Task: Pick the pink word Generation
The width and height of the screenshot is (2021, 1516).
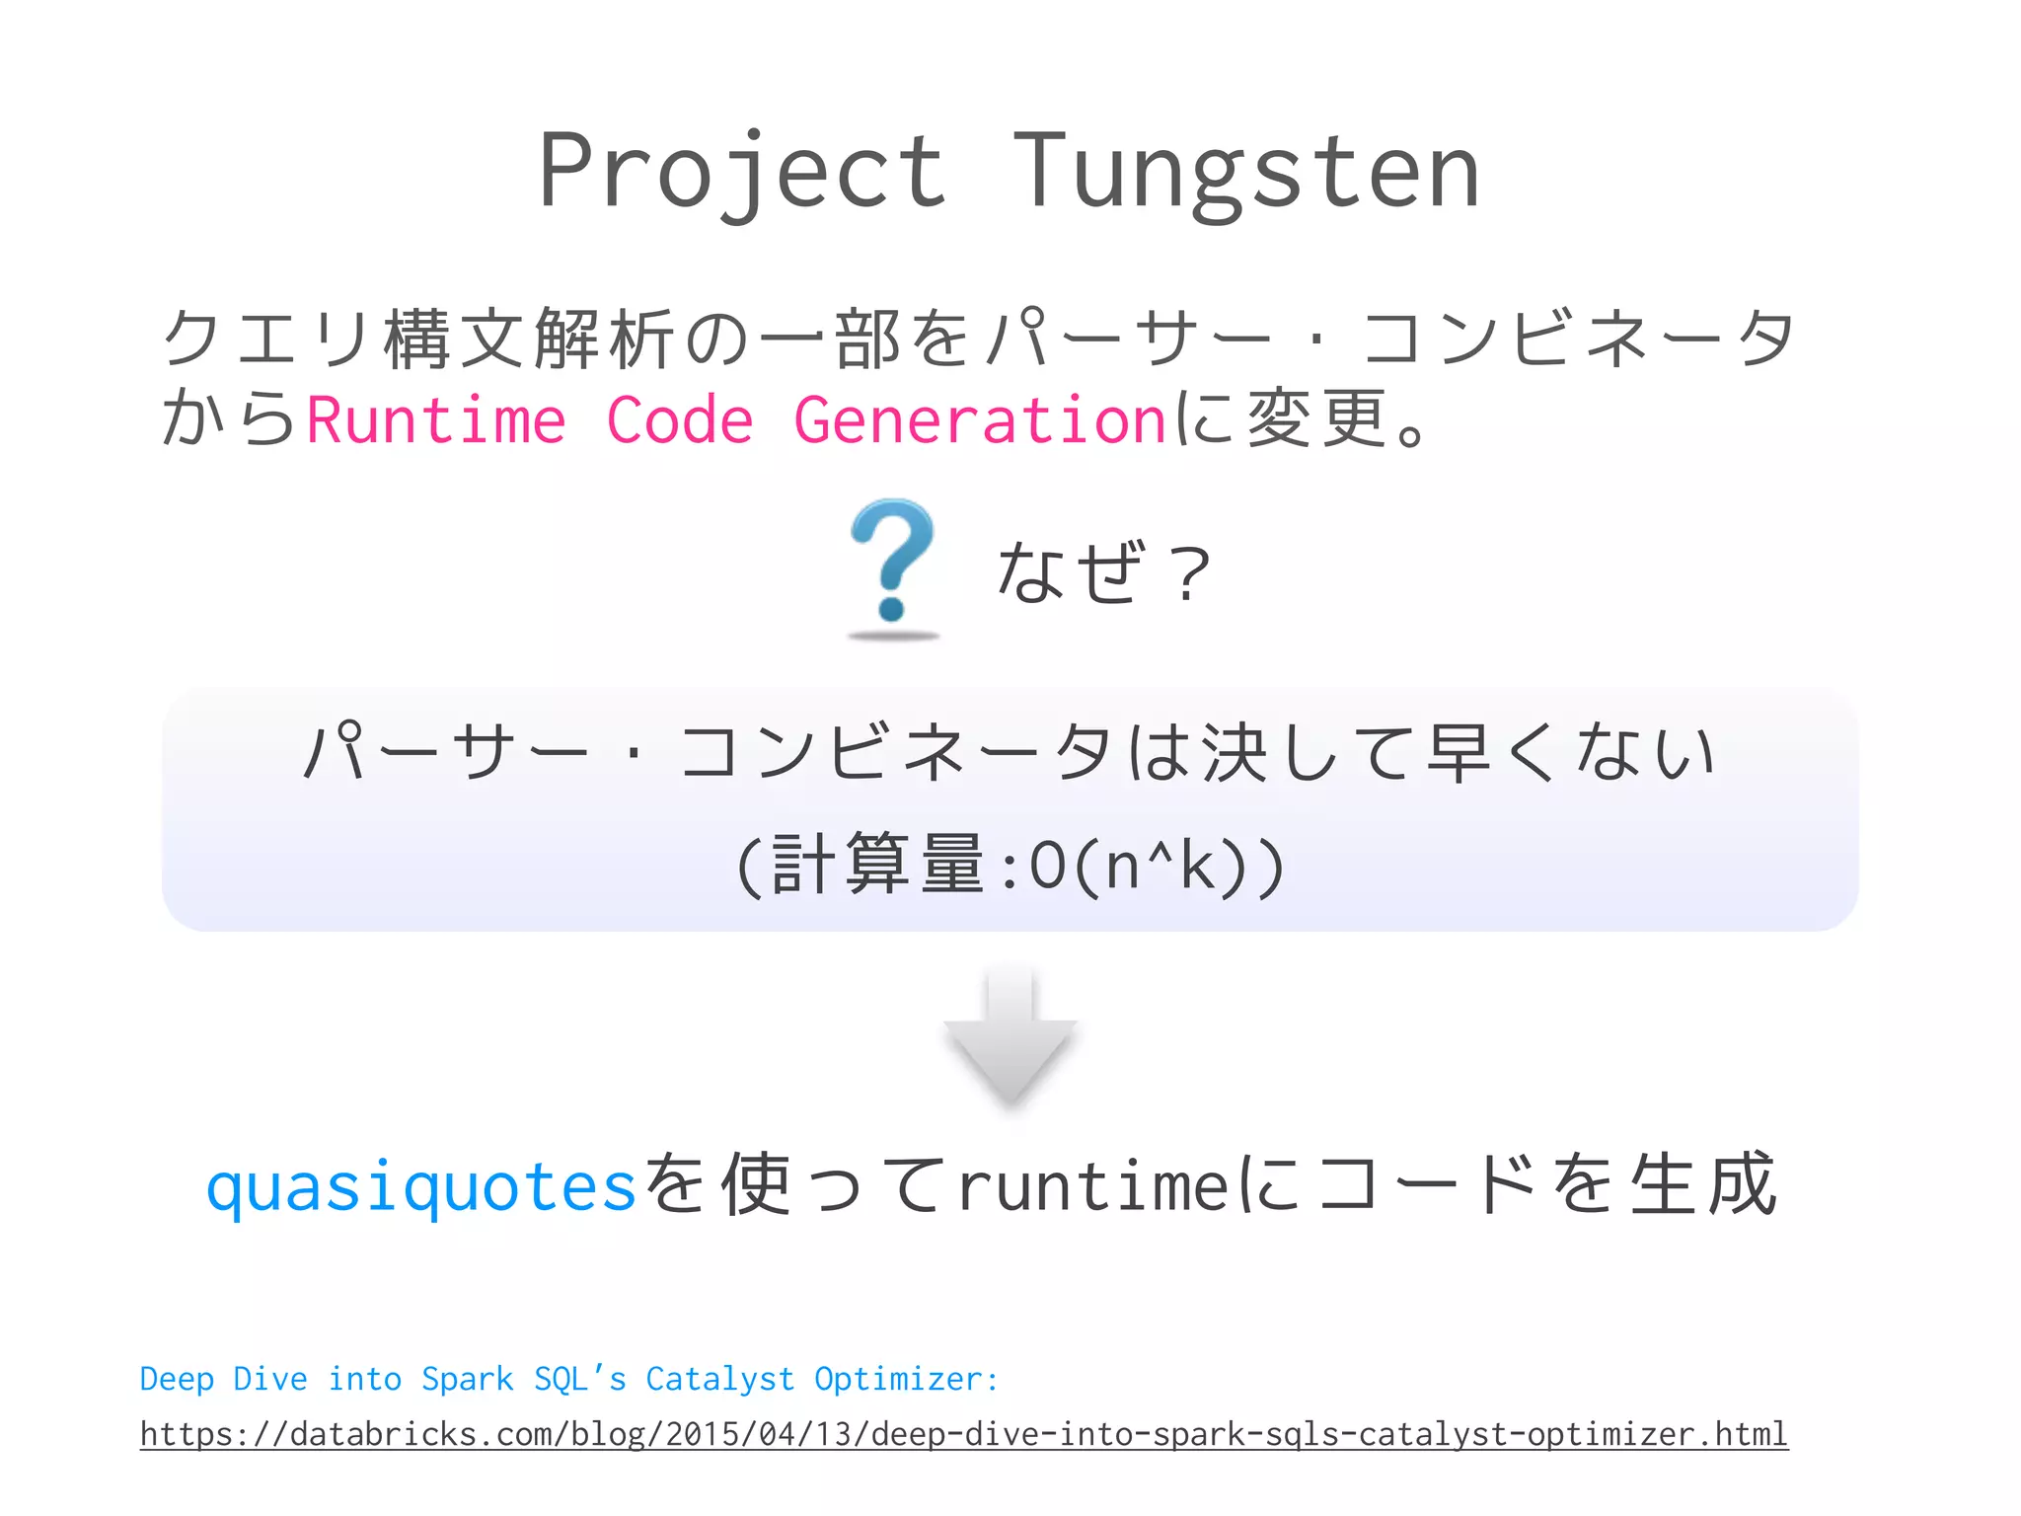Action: tap(980, 420)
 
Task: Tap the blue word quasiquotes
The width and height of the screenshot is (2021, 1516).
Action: tap(421, 1186)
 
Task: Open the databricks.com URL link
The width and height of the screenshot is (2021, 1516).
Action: tap(963, 1434)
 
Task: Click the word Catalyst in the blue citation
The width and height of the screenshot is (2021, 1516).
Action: tap(719, 1379)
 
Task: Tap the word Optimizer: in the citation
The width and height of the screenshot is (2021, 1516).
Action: tap(906, 1379)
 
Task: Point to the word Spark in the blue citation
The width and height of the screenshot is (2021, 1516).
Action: tap(467, 1379)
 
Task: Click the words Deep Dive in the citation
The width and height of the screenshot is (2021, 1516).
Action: tap(223, 1379)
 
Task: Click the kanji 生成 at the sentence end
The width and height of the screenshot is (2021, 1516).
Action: tap(1703, 1184)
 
